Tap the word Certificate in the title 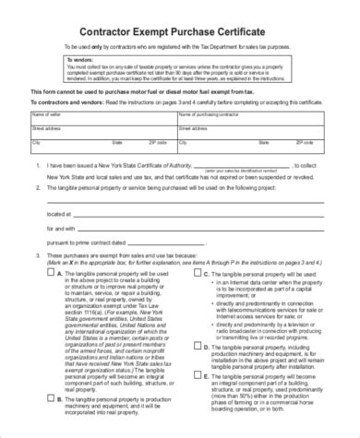coord(269,25)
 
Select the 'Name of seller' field coord(102,115)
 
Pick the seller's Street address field coord(102,132)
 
